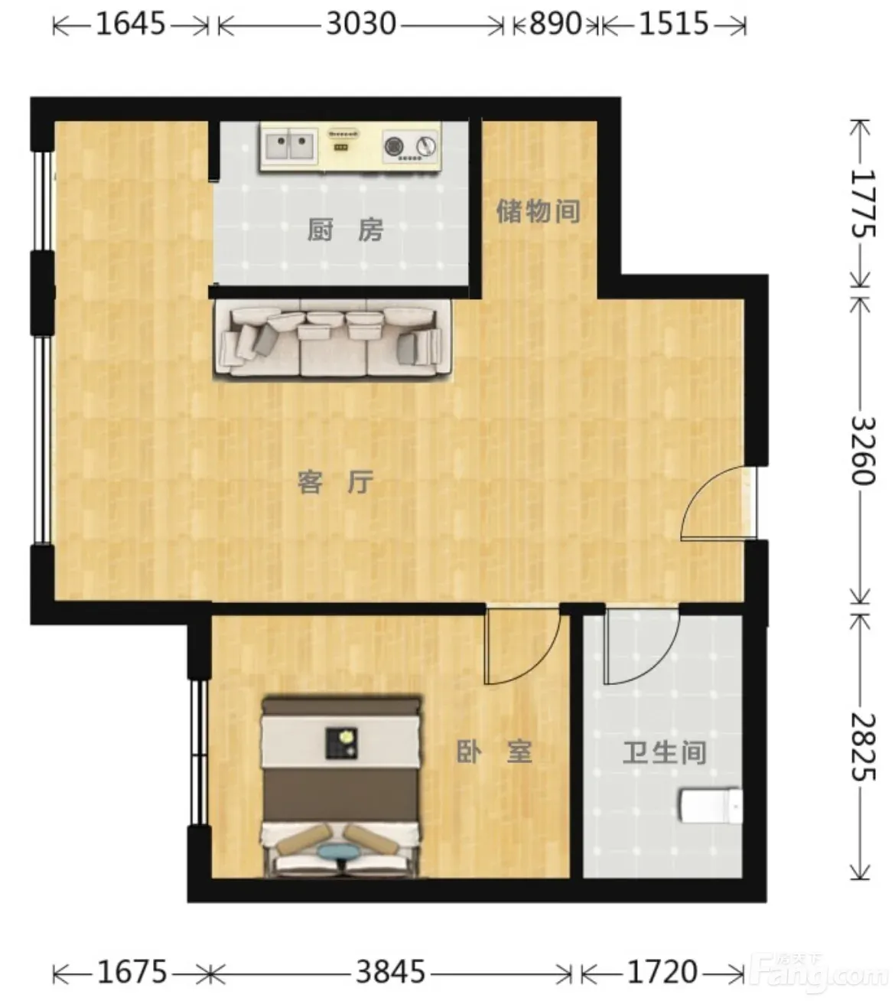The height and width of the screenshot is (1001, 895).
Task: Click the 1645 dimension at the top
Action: [130, 24]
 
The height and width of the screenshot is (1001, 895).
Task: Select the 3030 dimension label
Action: [361, 24]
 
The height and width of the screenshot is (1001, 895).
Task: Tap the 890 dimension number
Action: [555, 24]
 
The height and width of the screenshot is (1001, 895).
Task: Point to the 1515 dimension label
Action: [674, 24]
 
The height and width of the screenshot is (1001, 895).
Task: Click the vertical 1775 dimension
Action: [863, 203]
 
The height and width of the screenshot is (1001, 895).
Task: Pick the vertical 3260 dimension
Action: [863, 450]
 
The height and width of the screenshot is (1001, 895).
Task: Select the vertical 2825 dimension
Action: [863, 747]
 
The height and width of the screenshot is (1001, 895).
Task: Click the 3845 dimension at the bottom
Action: [391, 971]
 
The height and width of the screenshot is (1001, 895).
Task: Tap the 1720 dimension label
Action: [662, 971]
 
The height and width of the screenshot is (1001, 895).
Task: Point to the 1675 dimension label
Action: [132, 971]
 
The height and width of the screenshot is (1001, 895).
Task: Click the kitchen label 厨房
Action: [345, 230]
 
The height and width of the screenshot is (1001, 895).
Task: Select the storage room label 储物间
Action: [539, 211]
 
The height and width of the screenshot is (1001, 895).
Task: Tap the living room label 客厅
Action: [335, 482]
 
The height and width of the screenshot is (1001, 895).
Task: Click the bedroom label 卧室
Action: [494, 752]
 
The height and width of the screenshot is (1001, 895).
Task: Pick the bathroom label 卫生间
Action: [664, 752]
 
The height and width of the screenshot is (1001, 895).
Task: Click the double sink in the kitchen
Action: [290, 146]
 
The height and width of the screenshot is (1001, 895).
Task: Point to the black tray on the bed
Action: [341, 742]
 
